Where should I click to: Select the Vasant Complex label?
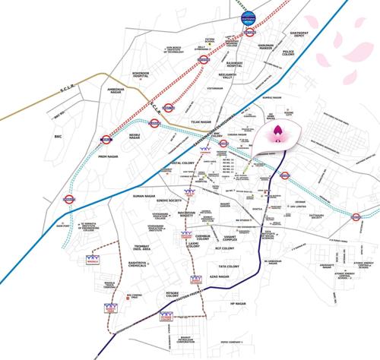pos(224,240)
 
